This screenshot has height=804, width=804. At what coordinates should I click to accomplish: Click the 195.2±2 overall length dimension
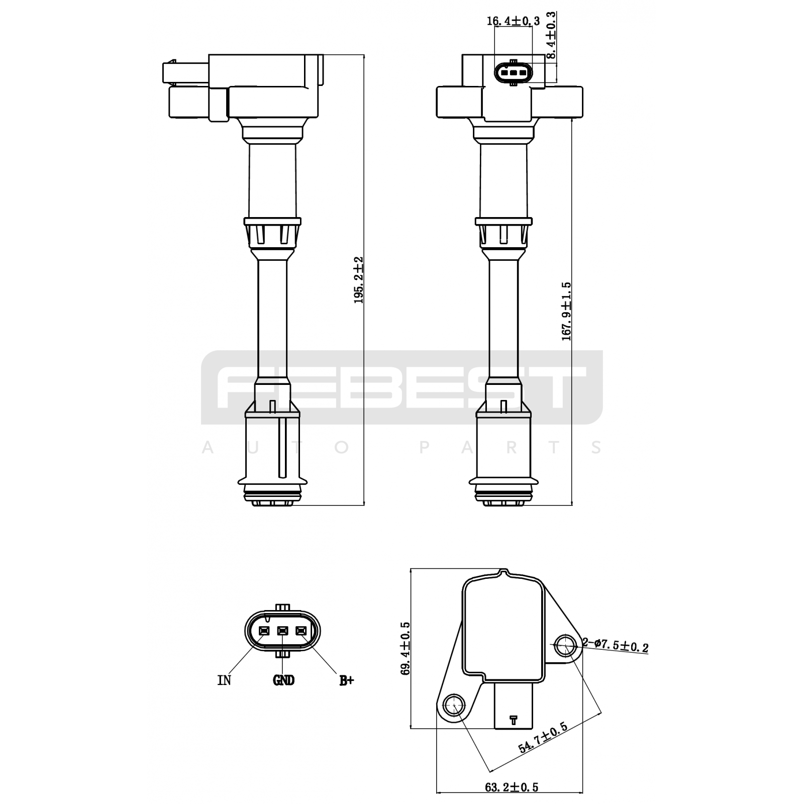coord(358,280)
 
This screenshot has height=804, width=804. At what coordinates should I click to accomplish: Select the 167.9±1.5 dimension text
coord(566,312)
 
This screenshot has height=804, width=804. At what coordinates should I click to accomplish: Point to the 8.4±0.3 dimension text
coord(551,36)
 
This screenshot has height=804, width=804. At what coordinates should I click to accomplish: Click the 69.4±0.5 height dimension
coord(406,648)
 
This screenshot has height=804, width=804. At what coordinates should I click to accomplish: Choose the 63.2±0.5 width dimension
coord(512,787)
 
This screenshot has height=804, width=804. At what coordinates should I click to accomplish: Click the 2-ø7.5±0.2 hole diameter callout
coord(615,645)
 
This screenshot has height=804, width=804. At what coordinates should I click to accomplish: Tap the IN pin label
coord(224,680)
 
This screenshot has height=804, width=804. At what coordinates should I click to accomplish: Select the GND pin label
coord(283,680)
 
